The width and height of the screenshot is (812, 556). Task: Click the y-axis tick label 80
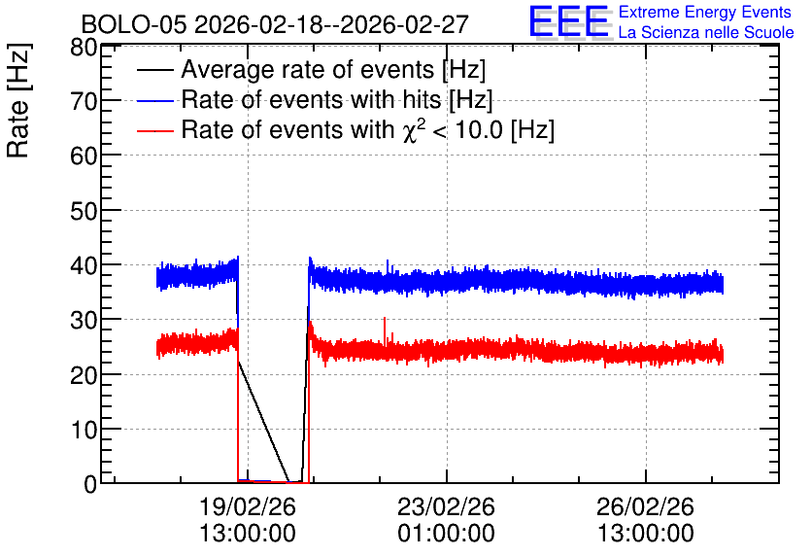click(84, 49)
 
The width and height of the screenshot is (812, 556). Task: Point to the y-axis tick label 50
click(84, 211)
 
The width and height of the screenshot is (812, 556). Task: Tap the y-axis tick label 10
click(84, 430)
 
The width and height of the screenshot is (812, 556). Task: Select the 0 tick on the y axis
click(90, 484)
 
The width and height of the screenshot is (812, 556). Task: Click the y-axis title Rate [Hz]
click(18, 100)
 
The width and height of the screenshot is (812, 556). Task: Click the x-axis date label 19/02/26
click(248, 506)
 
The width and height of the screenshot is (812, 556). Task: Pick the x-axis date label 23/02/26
click(447, 506)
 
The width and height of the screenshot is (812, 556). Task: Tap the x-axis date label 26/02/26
click(645, 506)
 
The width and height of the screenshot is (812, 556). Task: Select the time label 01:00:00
click(447, 534)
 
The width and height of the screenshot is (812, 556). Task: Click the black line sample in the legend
click(154, 70)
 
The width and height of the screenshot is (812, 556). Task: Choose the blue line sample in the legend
click(154, 100)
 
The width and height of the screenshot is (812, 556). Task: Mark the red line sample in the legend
click(154, 130)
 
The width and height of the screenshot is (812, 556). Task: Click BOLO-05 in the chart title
click(134, 25)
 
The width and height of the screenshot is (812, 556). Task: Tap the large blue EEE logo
click(569, 21)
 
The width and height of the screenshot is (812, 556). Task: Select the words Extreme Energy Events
click(705, 12)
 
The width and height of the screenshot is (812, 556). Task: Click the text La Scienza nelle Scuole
click(706, 33)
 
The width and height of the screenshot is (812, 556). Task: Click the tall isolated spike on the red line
click(385, 331)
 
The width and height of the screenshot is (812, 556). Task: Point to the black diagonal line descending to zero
click(263, 421)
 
